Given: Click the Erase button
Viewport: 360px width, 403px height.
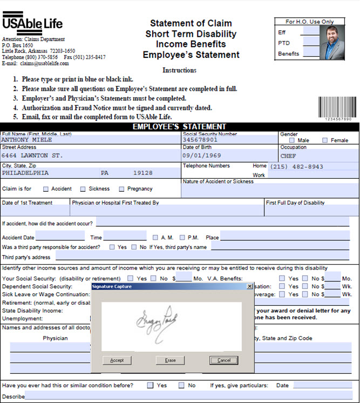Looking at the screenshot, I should tap(170, 360).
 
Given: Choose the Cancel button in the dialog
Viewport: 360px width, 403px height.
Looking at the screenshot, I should tap(223, 360).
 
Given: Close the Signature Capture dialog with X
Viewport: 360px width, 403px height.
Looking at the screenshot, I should tap(249, 286).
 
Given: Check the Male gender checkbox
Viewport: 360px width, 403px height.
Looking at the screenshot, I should tap(292, 140).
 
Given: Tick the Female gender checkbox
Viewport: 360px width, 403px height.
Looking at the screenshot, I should tap(325, 140).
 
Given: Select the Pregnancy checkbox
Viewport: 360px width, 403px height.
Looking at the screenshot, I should tap(122, 189).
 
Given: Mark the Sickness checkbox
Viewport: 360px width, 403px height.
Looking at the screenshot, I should tap(83, 189).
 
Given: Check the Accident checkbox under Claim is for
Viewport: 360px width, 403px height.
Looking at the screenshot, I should tap(46, 189).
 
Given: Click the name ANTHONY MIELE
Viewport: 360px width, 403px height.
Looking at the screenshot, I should tap(27, 139).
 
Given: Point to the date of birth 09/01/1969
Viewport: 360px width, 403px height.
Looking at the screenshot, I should tap(199, 155).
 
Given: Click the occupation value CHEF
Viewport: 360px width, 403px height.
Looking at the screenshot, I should tap(288, 155).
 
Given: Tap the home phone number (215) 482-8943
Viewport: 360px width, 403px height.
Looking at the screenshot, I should tap(296, 167).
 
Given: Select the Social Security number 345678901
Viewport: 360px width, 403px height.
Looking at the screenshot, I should tap(200, 139).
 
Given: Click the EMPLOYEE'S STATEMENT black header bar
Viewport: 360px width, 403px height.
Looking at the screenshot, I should tap(180, 127).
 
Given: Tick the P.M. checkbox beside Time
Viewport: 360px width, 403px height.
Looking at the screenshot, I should tap(182, 237).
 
